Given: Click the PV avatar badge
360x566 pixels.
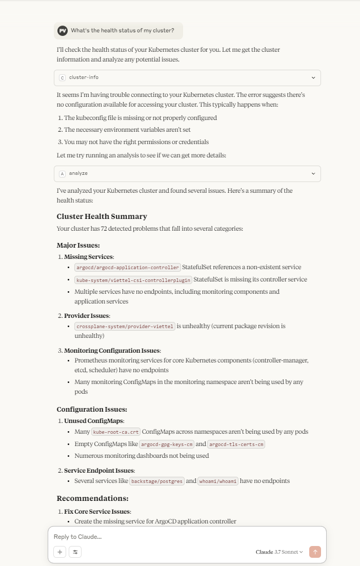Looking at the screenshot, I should click(x=63, y=31).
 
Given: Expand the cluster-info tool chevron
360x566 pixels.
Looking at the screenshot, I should click(x=313, y=78).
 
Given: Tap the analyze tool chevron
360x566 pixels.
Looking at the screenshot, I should click(x=313, y=174).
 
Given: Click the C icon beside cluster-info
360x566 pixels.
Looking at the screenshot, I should click(x=63, y=78).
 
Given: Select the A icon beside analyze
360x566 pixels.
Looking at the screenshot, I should click(x=63, y=174).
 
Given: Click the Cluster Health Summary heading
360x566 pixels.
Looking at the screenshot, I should click(x=102, y=216).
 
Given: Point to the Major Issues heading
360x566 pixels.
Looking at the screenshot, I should click(x=78, y=245).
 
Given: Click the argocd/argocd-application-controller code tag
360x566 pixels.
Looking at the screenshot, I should click(x=127, y=267).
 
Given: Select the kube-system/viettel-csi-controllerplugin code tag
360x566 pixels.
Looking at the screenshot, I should click(x=133, y=280).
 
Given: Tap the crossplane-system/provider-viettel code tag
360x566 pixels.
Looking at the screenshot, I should click(x=125, y=326).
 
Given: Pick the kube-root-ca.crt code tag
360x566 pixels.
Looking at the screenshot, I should click(x=115, y=432).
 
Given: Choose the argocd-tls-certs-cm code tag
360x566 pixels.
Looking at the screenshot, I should click(x=236, y=444).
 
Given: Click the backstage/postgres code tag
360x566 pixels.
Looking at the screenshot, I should click(x=156, y=481).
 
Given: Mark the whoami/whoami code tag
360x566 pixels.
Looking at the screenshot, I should click(x=218, y=481).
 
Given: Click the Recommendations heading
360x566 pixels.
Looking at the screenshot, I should click(x=92, y=498).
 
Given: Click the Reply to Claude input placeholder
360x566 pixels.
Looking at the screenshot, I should click(x=77, y=537).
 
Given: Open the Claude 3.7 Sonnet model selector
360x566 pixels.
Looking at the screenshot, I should click(x=279, y=552).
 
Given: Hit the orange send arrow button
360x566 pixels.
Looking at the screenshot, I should click(x=315, y=552).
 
